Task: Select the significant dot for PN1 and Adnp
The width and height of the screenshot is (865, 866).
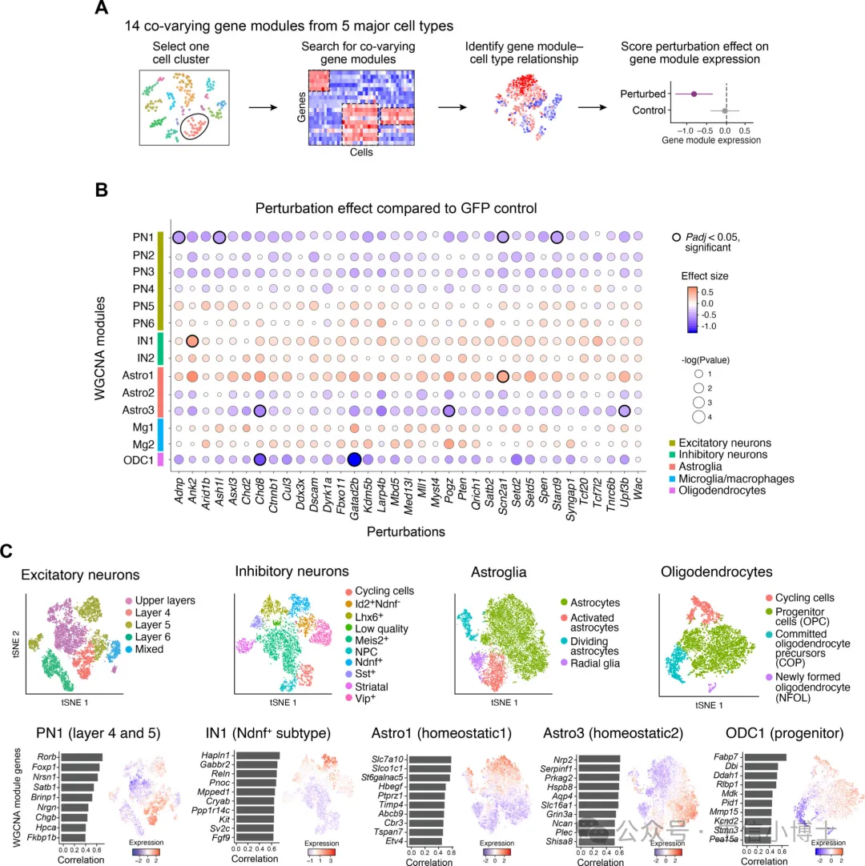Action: pyautogui.click(x=179, y=236)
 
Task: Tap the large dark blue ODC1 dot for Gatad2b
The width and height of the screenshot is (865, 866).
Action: pyautogui.click(x=353, y=459)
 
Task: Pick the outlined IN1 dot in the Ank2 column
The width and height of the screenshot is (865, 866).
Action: pyautogui.click(x=192, y=340)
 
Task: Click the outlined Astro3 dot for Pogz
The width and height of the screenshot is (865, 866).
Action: pyautogui.click(x=449, y=411)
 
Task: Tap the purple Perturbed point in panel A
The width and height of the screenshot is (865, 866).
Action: pyautogui.click(x=694, y=94)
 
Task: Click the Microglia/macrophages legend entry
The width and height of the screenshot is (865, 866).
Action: pyautogui.click(x=730, y=479)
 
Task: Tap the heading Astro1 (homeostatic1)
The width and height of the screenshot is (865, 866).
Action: pyautogui.click(x=432, y=731)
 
